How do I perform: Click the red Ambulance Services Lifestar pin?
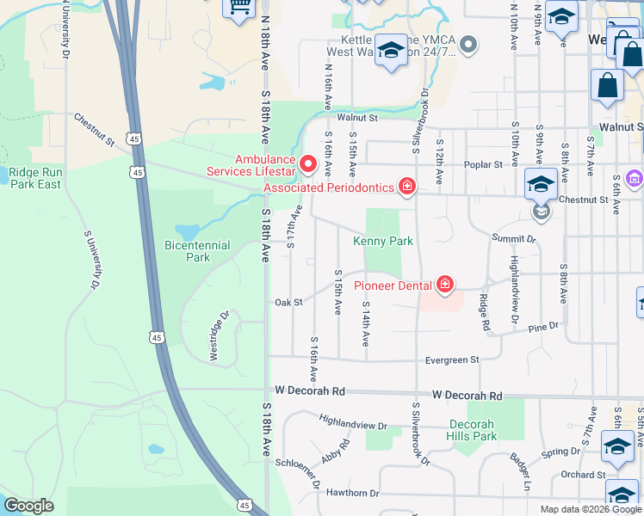point(307,162)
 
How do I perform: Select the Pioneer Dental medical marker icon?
point(445,283)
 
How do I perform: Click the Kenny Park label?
point(383,242)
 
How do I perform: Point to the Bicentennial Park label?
point(198,251)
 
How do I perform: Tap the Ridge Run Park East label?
point(35,178)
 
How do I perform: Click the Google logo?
point(28,506)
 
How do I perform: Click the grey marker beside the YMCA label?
point(468,44)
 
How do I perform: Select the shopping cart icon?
point(238,7)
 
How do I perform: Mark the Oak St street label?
point(288,303)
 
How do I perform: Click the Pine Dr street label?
point(544,327)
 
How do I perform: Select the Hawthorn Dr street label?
point(350,494)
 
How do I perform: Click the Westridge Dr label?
point(220,336)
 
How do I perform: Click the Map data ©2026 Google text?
point(590,509)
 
